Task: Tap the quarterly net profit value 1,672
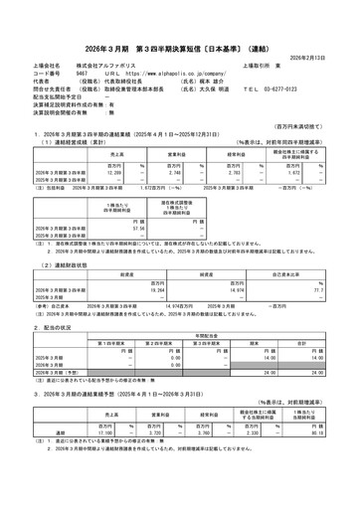coord(289,171)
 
